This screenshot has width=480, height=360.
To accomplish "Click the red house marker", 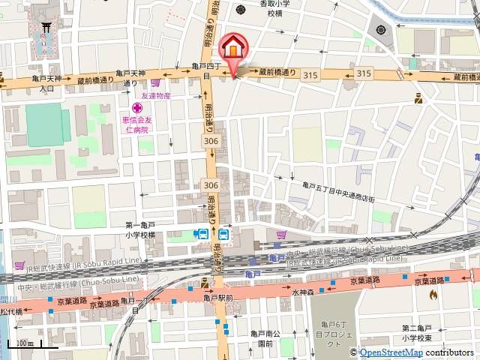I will pos(232,48).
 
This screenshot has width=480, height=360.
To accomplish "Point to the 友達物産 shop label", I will pos(156,96).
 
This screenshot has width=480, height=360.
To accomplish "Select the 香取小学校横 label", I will pos(271,8).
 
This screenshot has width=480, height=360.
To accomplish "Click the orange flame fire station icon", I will pos(433,295).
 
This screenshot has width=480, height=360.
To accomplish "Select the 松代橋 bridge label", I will pos(11,310).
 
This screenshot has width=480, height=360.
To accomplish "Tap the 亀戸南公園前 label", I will pos(266,339).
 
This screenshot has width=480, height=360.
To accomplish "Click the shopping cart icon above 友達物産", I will pos(154,83).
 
